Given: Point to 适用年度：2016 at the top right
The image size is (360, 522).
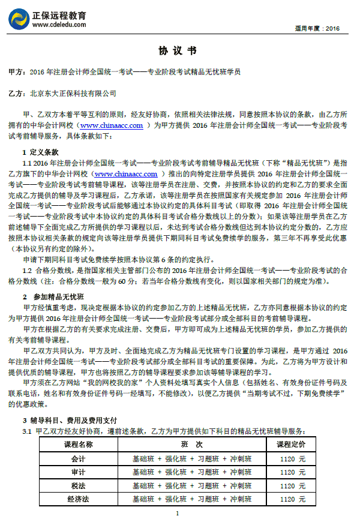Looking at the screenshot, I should click(x=317, y=28).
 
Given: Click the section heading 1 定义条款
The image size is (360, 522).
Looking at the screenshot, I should click(x=40, y=152).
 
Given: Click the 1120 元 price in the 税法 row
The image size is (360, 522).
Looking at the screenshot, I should click(x=292, y=485).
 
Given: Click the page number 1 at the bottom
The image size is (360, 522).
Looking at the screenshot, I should click(x=178, y=513).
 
